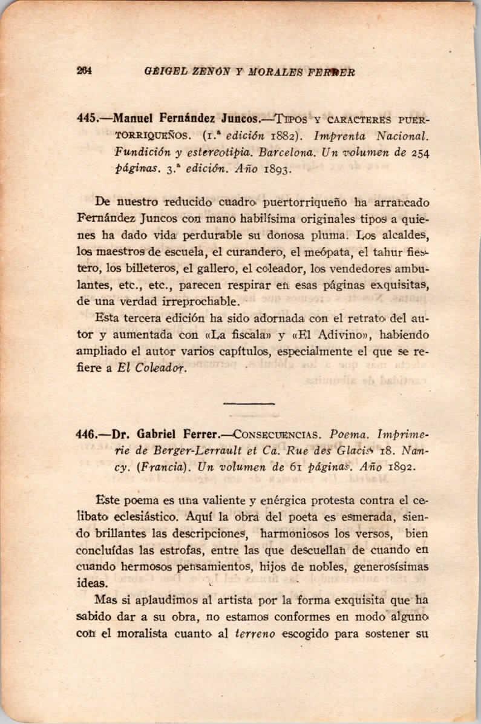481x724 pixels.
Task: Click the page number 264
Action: pyautogui.click(x=83, y=70)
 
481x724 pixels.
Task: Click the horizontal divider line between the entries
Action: pyautogui.click(x=240, y=403)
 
